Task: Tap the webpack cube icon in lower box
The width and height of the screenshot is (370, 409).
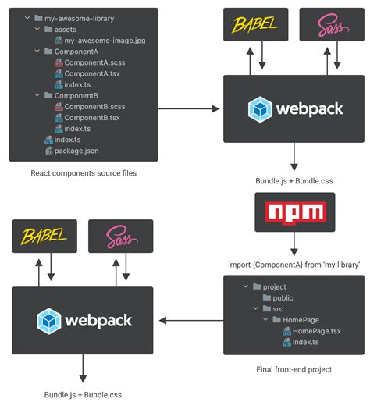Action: [x=49, y=320]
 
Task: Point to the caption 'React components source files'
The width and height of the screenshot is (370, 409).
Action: [x=84, y=173]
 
